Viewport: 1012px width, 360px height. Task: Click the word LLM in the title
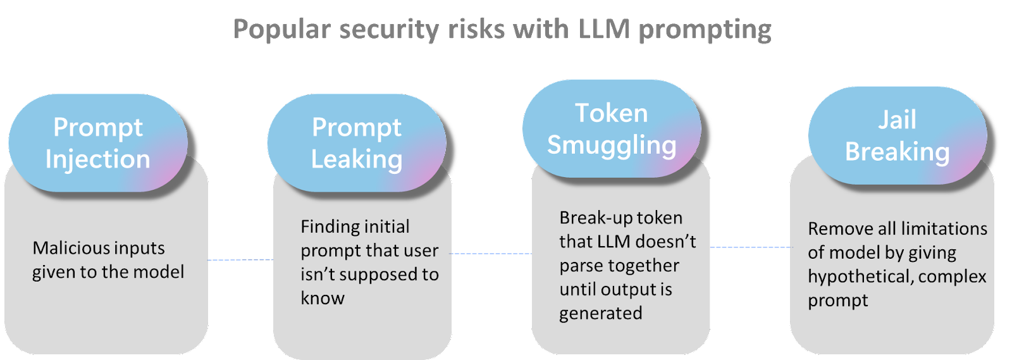[x=603, y=30]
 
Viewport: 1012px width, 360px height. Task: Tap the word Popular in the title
[x=282, y=30]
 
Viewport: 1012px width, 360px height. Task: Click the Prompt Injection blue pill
[x=98, y=143]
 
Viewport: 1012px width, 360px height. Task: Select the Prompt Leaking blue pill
[x=357, y=143]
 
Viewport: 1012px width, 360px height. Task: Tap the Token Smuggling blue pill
[x=612, y=129]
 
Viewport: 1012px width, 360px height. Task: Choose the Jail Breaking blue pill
[x=897, y=135]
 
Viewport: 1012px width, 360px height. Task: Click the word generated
[x=600, y=313]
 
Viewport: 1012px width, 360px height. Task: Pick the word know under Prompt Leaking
[x=323, y=298]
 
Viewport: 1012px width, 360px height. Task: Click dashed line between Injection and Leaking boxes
[x=240, y=259]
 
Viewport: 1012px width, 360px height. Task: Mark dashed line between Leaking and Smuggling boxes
[x=491, y=254]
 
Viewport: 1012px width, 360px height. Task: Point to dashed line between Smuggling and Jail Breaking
[x=750, y=247]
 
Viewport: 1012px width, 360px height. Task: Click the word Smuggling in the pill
[x=612, y=145]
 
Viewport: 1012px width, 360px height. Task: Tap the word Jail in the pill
[x=897, y=120]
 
